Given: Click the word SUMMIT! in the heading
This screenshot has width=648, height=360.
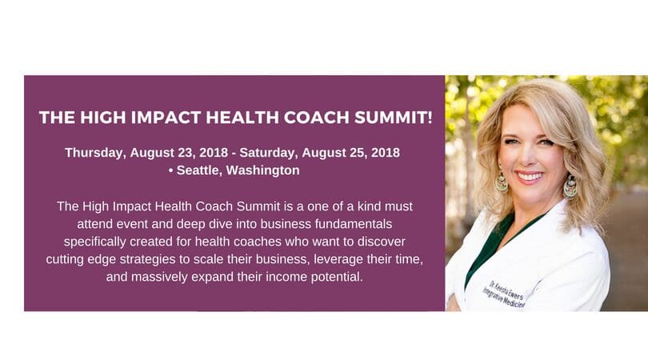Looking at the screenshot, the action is pyautogui.click(x=393, y=118).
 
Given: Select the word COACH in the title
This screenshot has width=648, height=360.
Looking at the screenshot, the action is pyautogui.click(x=317, y=118).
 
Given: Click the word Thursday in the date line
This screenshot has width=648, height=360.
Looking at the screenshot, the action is pyautogui.click(x=94, y=153).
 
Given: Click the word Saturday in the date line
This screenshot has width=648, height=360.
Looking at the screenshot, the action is pyautogui.click(x=269, y=153).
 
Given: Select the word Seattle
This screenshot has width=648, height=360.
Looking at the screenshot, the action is pyautogui.click(x=199, y=170).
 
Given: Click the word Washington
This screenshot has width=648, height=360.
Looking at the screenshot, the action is pyautogui.click(x=263, y=170).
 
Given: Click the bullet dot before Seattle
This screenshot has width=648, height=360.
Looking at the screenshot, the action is pyautogui.click(x=170, y=170).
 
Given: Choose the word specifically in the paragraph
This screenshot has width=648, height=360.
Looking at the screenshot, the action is pyautogui.click(x=94, y=242).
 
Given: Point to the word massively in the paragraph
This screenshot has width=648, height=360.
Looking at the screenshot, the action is pyautogui.click(x=159, y=277).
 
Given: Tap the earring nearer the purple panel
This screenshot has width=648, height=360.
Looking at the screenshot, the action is pyautogui.click(x=502, y=181).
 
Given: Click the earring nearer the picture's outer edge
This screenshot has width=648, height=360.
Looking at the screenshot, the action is pyautogui.click(x=570, y=186).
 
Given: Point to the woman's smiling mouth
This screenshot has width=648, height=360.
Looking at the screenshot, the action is pyautogui.click(x=529, y=177).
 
